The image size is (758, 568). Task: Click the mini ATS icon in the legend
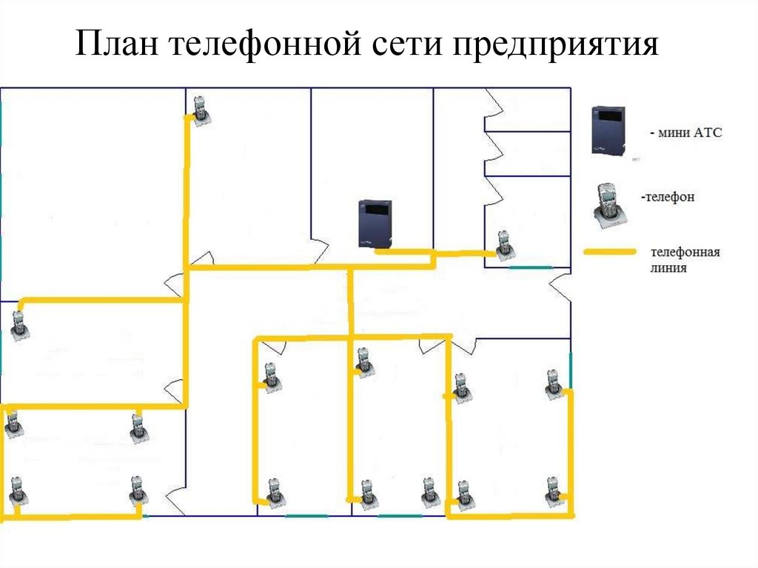point(608,130)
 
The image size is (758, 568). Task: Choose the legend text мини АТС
point(685,133)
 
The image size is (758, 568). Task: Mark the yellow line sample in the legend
point(610,253)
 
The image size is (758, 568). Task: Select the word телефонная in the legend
point(685,252)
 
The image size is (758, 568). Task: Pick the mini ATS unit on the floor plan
point(375,224)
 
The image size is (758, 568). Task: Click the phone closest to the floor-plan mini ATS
point(504,245)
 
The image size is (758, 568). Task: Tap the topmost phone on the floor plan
point(201,110)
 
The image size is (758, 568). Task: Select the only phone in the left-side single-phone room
point(19,325)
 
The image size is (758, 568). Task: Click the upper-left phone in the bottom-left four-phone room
point(13,426)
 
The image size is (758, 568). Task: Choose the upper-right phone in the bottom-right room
point(553,383)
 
